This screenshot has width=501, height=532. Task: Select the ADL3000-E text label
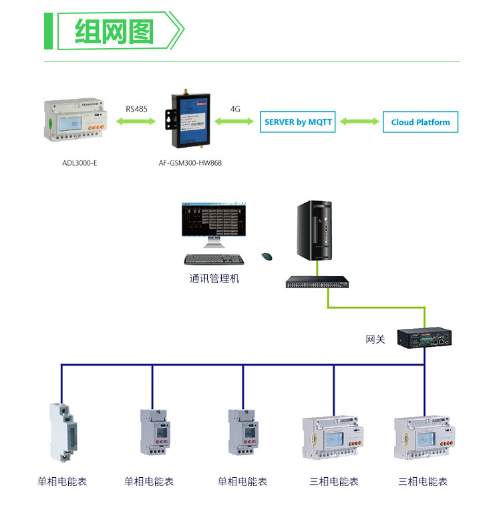pos(79,162)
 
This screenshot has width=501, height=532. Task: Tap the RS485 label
pos(136,108)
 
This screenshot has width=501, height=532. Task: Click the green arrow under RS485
pos(136,122)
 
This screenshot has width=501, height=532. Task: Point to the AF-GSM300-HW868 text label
pos(191,162)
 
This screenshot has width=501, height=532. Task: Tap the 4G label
pos(235,108)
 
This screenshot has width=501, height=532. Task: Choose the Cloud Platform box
pos(420,122)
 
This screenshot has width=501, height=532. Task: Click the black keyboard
pos(209,259)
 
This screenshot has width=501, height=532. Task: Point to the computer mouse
pos(267,256)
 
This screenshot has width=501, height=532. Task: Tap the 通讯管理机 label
pos(214,278)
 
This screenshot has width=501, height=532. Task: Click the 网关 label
pos(375,340)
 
